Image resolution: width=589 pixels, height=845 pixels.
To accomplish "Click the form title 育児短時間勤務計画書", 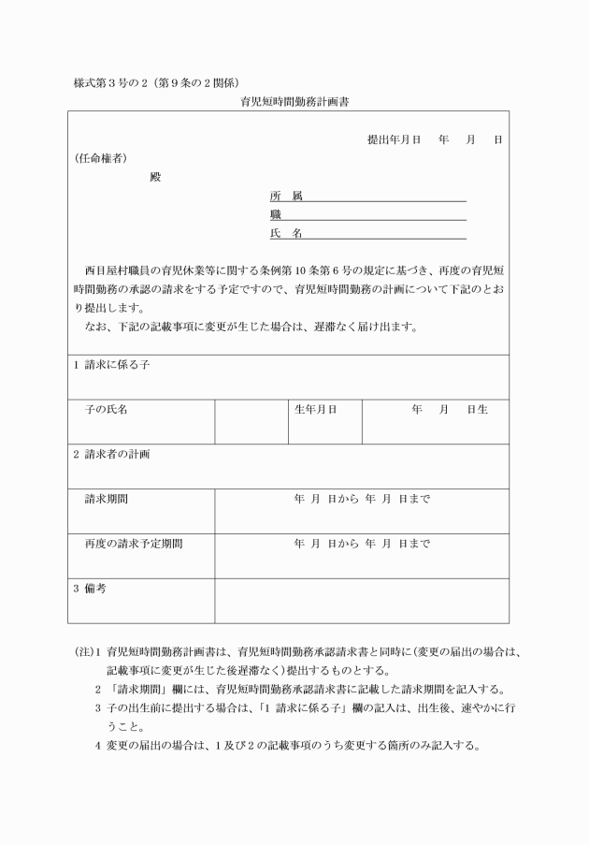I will (294, 100).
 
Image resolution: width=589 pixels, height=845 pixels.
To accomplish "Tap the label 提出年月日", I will (394, 139).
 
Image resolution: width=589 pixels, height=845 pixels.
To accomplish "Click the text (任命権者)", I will (101, 157).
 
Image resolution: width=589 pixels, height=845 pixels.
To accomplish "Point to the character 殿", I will (155, 176).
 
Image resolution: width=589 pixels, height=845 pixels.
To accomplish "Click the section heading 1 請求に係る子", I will (111, 365).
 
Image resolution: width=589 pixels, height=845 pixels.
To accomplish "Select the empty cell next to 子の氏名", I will (251, 421).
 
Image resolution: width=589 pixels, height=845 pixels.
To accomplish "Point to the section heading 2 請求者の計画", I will (111, 454).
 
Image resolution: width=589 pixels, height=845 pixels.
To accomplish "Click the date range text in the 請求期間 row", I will (362, 499).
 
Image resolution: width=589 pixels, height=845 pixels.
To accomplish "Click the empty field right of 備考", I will (362, 600).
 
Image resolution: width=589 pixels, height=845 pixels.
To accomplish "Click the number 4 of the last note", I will (98, 745).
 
